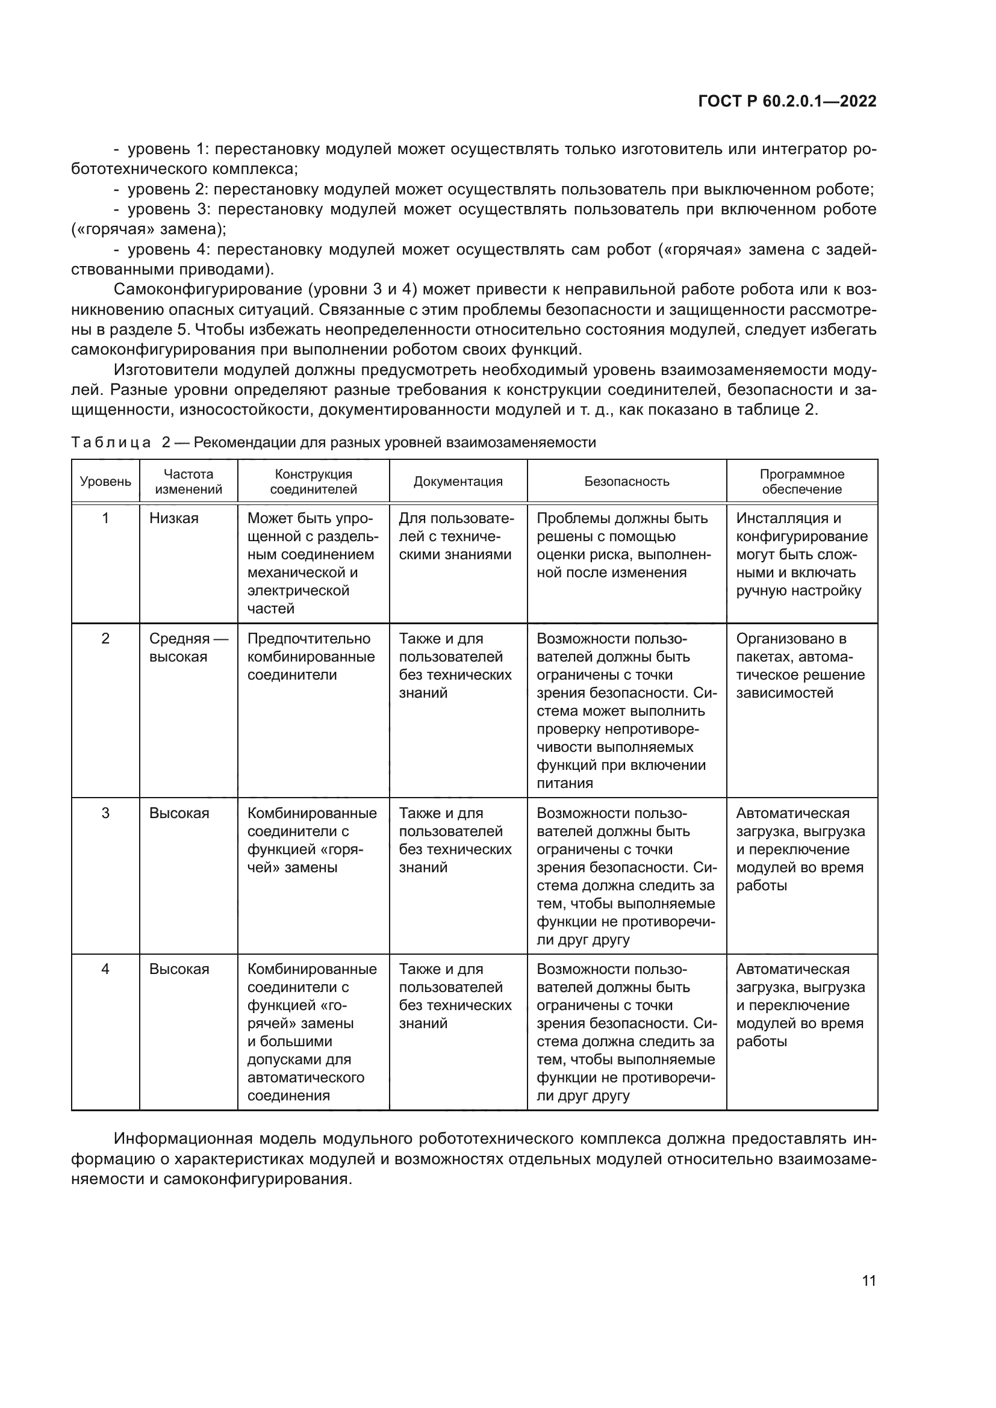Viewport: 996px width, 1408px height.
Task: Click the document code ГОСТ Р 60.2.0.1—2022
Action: [x=787, y=102]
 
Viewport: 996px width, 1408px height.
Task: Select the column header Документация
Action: [x=458, y=482]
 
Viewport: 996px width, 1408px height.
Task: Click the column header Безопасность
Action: [x=626, y=482]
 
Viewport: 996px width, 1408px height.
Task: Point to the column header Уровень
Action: [x=105, y=482]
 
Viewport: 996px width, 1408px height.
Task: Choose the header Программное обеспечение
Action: [x=801, y=482]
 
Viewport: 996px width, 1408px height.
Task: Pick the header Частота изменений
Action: [x=188, y=482]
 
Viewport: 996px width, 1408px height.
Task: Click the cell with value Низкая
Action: [x=174, y=518]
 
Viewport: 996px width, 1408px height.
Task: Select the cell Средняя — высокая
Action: [x=188, y=648]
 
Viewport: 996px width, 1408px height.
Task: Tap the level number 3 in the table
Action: [x=105, y=813]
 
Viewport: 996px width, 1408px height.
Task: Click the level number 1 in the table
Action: [x=105, y=518]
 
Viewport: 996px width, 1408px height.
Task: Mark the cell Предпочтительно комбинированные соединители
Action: [x=311, y=657]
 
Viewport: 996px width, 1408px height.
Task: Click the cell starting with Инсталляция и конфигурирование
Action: [x=801, y=554]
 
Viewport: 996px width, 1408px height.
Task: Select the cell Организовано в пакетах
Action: [x=800, y=665]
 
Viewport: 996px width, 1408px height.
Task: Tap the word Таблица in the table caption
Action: [x=111, y=442]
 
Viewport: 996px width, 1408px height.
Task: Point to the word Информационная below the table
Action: [x=183, y=1139]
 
